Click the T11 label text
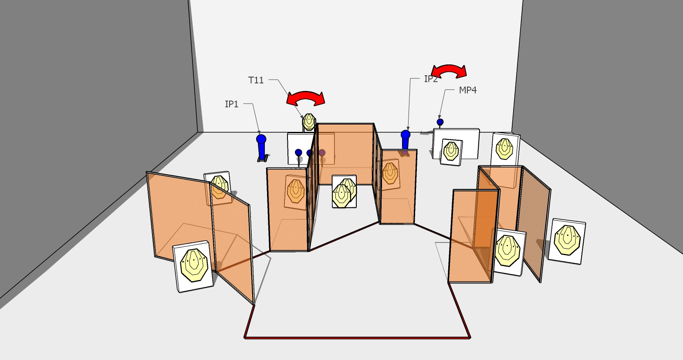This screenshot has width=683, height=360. tap(256, 80)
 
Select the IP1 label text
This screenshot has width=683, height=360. tap(231, 104)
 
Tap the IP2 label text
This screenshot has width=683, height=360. tap(431, 79)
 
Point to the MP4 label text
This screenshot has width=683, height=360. tap(468, 90)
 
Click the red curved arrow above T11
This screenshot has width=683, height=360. tap(306, 95)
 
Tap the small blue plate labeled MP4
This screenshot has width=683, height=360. tap(440, 122)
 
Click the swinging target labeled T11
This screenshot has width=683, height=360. tap(309, 121)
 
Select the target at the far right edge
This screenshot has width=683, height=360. tap(567, 241)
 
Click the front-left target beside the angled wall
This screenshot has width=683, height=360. tap(193, 266)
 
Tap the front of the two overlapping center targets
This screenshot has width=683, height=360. tap(341, 196)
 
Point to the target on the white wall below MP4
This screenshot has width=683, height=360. tap(451, 152)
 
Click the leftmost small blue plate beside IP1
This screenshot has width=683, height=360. tap(298, 152)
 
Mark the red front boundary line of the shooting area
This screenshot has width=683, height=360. tap(357, 337)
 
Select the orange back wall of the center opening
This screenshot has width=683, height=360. tap(345, 154)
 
